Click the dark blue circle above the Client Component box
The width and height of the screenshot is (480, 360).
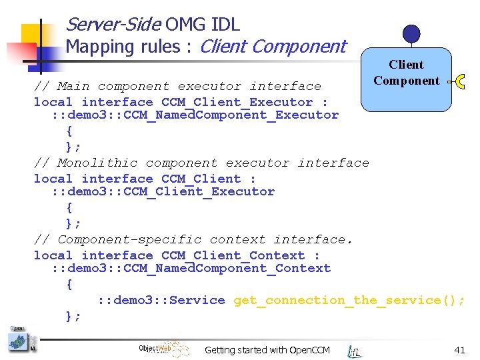point(412,33)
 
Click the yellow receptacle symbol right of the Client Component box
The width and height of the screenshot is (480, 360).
point(459,81)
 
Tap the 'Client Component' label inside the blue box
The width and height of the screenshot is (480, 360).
point(406,73)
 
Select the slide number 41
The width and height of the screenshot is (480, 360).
point(459,349)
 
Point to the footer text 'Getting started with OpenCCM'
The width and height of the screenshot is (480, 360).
point(267,350)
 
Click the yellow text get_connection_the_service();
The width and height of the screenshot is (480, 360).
point(349,300)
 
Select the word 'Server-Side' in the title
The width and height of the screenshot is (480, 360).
point(113,25)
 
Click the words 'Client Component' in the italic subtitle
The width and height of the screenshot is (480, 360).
point(273,47)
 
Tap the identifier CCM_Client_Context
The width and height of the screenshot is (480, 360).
point(233,255)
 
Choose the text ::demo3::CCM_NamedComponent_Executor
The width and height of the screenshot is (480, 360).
point(195,115)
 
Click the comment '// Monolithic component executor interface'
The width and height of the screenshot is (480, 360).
point(201,163)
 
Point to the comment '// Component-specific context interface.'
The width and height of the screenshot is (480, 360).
point(193,239)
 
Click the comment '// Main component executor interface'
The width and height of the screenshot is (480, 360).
point(177,86)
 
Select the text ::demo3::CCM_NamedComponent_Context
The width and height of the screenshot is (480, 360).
point(191,268)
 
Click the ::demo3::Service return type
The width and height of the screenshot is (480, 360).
point(161,300)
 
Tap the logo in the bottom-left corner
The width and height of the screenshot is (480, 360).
point(19,340)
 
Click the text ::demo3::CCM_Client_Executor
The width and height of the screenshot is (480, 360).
point(163,191)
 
